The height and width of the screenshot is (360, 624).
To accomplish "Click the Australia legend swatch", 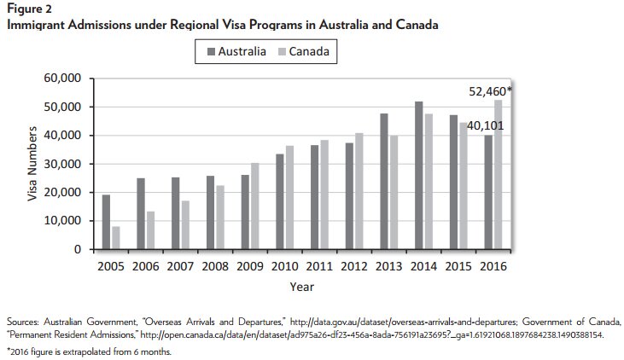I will pyautogui.click(x=209, y=53).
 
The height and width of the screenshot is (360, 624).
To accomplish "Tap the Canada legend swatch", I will pyautogui.click(x=279, y=53).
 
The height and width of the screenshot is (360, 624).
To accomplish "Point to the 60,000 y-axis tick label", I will pyautogui.click(x=61, y=78).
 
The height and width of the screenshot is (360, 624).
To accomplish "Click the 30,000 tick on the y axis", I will pyautogui.click(x=61, y=164).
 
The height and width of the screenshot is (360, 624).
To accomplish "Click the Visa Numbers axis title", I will pyautogui.click(x=34, y=164).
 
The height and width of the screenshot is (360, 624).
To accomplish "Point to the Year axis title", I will pyautogui.click(x=300, y=287).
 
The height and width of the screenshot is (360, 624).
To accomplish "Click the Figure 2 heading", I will pyautogui.click(x=26, y=9).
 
